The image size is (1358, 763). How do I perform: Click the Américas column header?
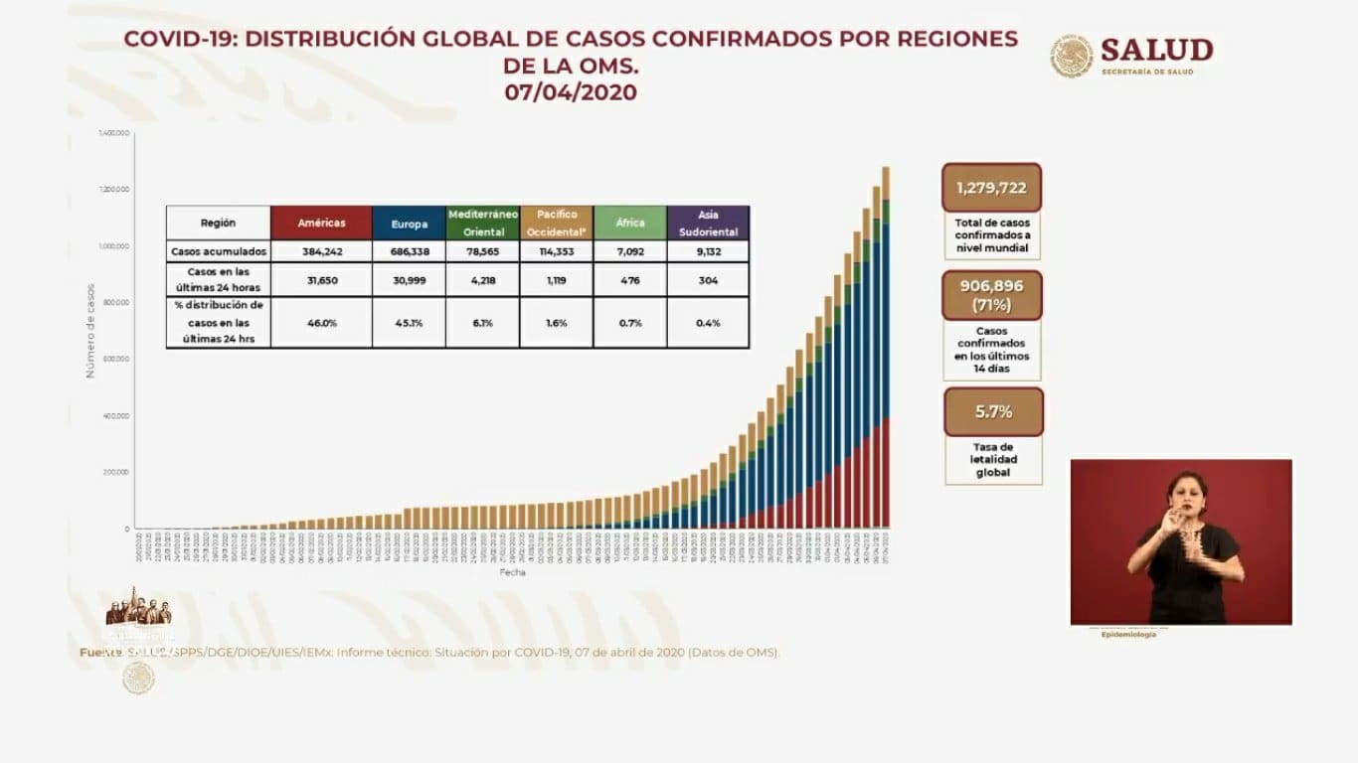pyautogui.click(x=321, y=224)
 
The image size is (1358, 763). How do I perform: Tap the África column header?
pyautogui.click(x=629, y=224)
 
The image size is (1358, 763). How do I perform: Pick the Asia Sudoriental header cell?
pyautogui.click(x=708, y=224)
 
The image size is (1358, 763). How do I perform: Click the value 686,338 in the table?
pyautogui.click(x=409, y=252)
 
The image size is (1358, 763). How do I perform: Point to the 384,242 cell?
pyautogui.click(x=321, y=252)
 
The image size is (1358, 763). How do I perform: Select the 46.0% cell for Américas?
pyautogui.click(x=321, y=323)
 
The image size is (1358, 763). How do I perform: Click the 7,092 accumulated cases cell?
pyautogui.click(x=629, y=252)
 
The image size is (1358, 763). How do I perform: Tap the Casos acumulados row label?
pyautogui.click(x=218, y=252)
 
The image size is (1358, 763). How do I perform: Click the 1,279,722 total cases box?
pyautogui.click(x=991, y=188)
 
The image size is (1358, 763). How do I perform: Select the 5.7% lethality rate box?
pyautogui.click(x=993, y=411)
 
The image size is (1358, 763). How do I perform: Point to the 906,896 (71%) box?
pyautogui.click(x=991, y=295)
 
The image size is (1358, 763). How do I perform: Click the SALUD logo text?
pyautogui.click(x=1156, y=51)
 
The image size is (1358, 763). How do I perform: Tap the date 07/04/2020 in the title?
pyautogui.click(x=570, y=92)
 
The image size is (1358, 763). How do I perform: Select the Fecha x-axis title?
pyautogui.click(x=513, y=572)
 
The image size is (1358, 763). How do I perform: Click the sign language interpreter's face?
pyautogui.click(x=1189, y=494)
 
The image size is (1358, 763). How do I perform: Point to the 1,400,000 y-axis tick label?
pyautogui.click(x=113, y=132)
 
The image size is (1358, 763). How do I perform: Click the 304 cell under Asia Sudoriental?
pyautogui.click(x=708, y=281)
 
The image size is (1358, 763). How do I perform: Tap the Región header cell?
pyautogui.click(x=218, y=224)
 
